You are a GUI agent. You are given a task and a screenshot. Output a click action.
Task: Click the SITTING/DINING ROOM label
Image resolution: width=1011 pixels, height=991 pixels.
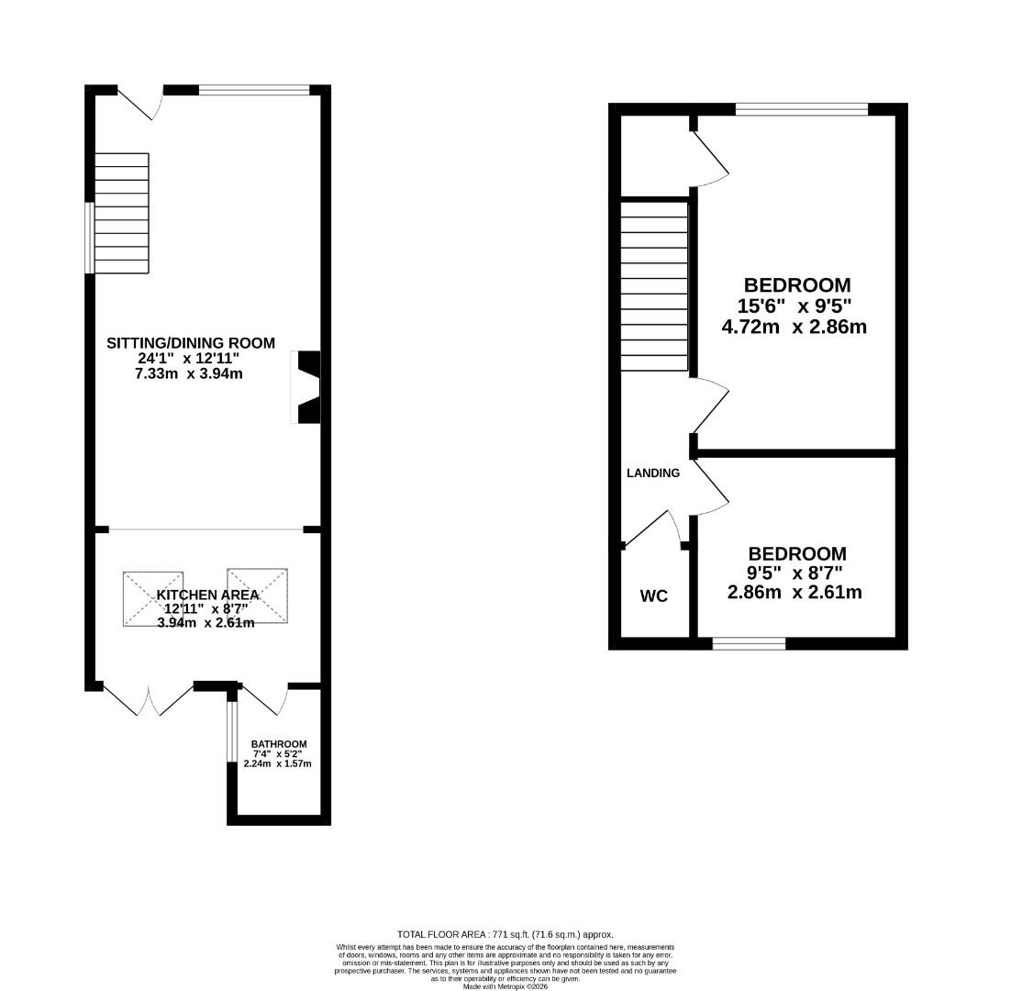191,343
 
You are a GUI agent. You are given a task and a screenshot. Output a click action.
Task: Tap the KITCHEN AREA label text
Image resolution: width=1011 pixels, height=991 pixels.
207,595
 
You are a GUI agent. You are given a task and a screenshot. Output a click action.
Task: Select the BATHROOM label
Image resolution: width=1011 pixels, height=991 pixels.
279,743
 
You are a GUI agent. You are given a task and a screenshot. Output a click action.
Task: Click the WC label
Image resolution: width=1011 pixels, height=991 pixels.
653,596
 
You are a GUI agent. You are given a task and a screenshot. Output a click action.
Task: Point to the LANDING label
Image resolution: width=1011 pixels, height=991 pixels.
653,473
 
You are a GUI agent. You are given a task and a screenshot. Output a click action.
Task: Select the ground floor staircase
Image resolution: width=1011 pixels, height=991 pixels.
121,213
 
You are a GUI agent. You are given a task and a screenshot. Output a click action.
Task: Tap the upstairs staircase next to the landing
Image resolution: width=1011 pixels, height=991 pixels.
654,287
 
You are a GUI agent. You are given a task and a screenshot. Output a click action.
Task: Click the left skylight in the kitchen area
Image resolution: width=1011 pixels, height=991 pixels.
153,599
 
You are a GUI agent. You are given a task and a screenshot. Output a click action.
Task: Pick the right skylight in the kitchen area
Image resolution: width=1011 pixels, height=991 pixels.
258,596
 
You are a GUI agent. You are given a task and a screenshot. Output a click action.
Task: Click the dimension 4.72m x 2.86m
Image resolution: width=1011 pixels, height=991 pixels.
794,326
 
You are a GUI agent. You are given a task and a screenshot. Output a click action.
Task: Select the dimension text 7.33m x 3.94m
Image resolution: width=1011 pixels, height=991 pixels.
191,373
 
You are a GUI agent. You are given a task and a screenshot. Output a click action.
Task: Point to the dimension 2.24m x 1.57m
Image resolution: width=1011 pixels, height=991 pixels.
279,763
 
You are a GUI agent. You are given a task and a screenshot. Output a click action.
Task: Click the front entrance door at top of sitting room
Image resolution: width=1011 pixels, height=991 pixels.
140,104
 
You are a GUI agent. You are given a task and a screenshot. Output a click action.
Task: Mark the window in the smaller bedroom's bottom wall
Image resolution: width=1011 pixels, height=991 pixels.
749,644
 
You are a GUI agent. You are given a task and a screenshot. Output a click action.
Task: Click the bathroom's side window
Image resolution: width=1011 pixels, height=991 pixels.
231,731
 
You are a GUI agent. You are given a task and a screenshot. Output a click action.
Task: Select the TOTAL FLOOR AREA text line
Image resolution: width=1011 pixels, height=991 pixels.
505,934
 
